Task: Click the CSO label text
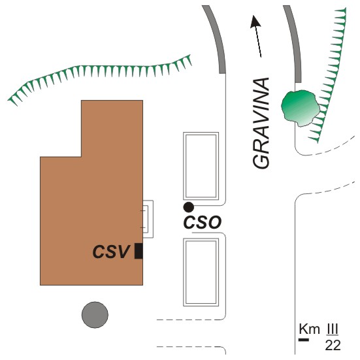click(x=203, y=222)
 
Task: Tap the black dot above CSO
click(x=189, y=207)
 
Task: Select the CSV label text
click(x=111, y=252)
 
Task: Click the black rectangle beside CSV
click(x=139, y=251)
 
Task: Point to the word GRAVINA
click(x=261, y=123)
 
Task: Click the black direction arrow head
click(x=255, y=22)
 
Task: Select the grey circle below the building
click(x=95, y=315)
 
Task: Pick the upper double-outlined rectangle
click(x=201, y=166)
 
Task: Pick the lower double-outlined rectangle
click(x=201, y=272)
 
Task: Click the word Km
click(x=309, y=329)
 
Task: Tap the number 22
click(x=333, y=345)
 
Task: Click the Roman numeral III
click(x=332, y=329)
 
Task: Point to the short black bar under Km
click(x=304, y=340)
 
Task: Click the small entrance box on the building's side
click(x=148, y=219)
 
